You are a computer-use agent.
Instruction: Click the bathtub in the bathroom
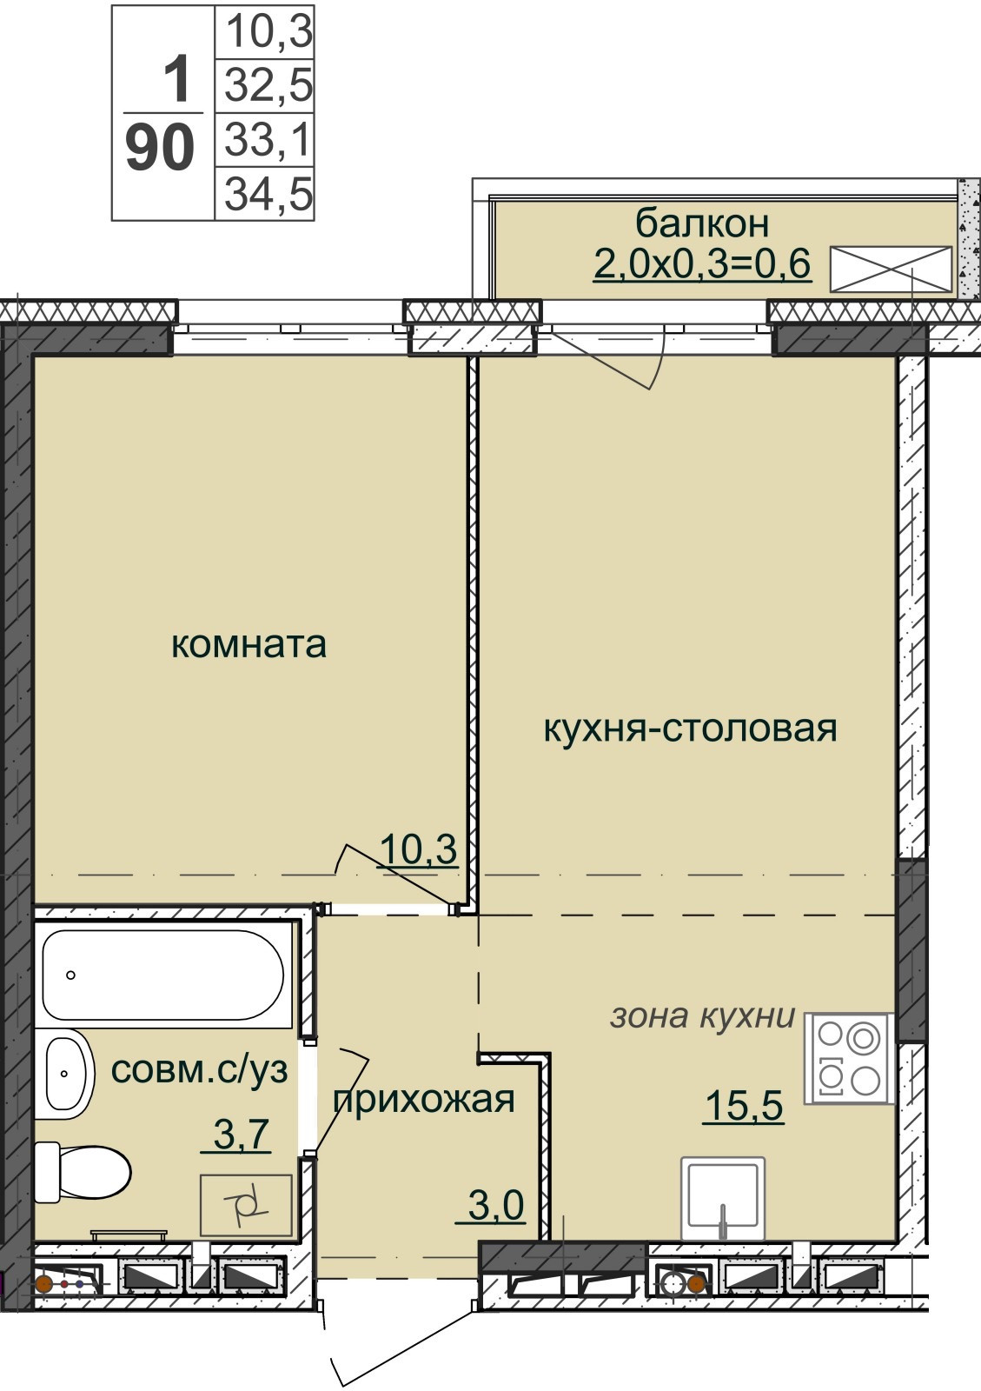coord(162,975)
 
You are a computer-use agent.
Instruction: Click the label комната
coord(249,644)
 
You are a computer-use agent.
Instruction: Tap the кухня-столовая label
coord(691,729)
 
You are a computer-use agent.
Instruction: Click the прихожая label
coord(424,1101)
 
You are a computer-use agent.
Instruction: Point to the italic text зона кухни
coord(703,1017)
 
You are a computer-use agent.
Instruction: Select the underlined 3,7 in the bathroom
coord(235,1134)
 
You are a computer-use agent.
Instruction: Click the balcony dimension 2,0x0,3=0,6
coord(702,264)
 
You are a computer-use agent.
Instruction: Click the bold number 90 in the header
coord(160,149)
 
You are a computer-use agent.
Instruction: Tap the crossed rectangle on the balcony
coord(891,269)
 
